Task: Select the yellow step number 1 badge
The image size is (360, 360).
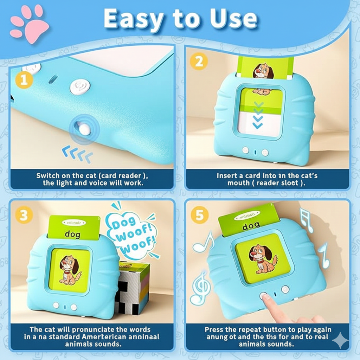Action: coord(24,80)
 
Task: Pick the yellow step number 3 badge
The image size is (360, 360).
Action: coord(24,215)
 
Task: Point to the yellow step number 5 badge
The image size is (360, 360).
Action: coord(199,216)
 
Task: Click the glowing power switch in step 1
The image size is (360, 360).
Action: coord(84,129)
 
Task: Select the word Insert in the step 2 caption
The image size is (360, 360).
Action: coord(227,175)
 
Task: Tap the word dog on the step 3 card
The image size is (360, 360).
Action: coord(72,234)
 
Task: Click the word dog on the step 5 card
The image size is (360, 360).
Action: coord(251,225)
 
